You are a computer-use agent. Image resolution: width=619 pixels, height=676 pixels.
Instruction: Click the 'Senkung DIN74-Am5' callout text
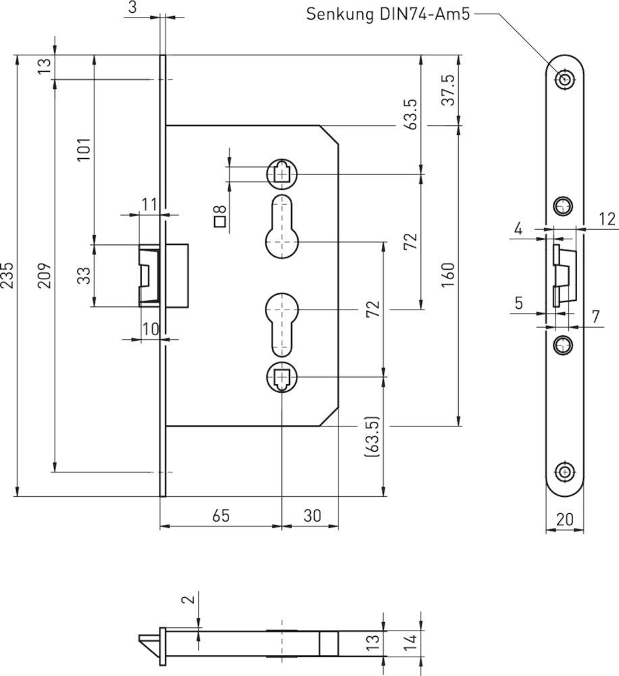388,14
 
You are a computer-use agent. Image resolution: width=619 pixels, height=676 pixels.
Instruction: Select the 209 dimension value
45,275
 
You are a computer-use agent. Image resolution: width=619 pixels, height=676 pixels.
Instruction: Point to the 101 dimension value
84,149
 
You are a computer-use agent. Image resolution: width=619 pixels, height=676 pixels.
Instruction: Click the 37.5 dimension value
448,90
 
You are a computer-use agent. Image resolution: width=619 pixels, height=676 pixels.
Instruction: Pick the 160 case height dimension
448,275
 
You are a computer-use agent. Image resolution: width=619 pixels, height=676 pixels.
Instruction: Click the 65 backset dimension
221,515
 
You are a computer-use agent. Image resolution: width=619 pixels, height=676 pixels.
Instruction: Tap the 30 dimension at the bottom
312,515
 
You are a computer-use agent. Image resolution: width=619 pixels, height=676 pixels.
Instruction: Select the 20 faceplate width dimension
565,519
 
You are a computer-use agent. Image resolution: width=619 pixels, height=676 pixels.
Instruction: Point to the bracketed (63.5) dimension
372,437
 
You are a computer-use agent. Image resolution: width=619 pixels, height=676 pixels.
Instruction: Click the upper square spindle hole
282,174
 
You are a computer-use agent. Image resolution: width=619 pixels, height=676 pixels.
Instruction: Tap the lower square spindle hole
282,377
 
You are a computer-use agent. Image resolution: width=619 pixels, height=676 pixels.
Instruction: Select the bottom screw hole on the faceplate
565,473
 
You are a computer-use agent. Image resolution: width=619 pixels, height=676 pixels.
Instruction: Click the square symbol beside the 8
220,222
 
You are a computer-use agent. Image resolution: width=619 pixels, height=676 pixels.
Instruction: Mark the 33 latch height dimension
84,276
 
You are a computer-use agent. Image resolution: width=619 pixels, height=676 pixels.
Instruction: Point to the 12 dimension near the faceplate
607,219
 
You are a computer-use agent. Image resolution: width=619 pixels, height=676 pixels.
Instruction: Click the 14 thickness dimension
410,642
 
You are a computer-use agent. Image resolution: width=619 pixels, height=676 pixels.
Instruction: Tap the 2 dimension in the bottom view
190,598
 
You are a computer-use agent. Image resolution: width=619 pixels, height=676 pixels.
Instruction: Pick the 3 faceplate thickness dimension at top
132,7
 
